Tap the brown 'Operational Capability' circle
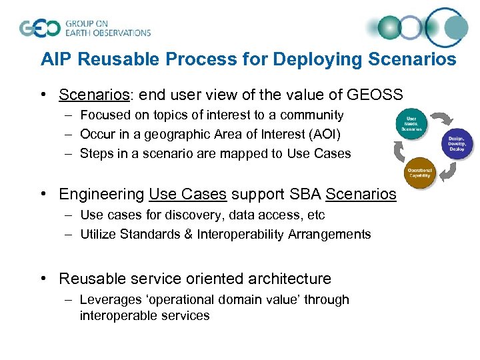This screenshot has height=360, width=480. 419,173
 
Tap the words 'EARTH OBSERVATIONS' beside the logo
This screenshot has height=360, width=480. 108,33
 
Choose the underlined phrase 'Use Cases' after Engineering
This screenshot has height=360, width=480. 188,195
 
